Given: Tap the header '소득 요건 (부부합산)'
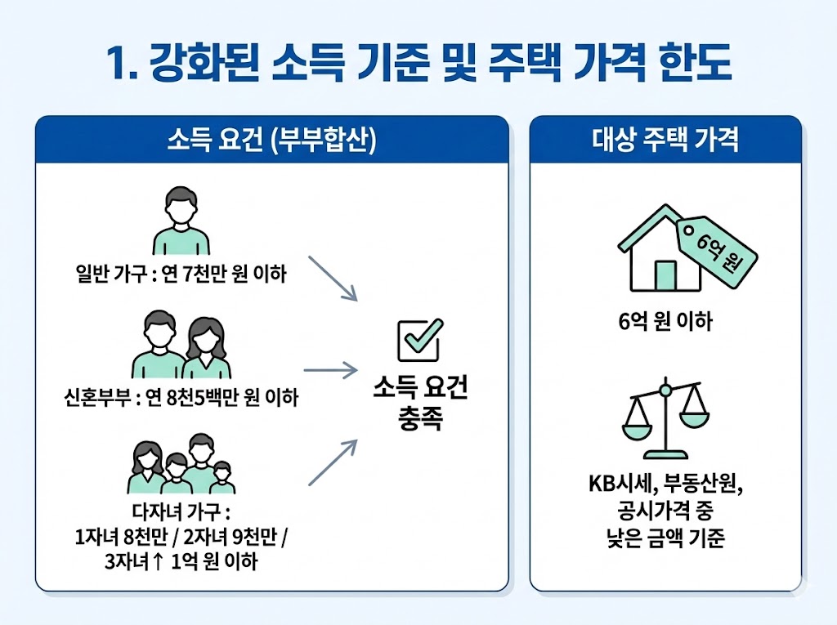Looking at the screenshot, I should pyautogui.click(x=271, y=140).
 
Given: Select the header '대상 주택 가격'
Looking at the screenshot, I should pyautogui.click(x=665, y=140).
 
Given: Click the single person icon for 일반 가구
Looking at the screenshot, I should pyautogui.click(x=181, y=222).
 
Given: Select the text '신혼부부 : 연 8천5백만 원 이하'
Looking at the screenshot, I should pyautogui.click(x=181, y=399).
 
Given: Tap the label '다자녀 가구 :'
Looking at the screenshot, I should pyautogui.click(x=181, y=513).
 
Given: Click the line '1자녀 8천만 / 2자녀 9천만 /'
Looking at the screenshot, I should pyautogui.click(x=181, y=538).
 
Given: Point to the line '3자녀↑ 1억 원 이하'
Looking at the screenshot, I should pyautogui.click(x=181, y=562).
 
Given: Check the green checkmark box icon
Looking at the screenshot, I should pyautogui.click(x=419, y=339).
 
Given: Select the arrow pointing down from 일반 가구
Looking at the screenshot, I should pyautogui.click(x=335, y=279).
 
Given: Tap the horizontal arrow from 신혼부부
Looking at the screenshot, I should pyautogui.click(x=331, y=369).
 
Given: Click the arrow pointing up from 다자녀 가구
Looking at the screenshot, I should pyautogui.click(x=333, y=462).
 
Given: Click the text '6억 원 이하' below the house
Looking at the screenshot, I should pyautogui.click(x=665, y=322).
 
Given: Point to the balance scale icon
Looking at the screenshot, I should pyautogui.click(x=665, y=418).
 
